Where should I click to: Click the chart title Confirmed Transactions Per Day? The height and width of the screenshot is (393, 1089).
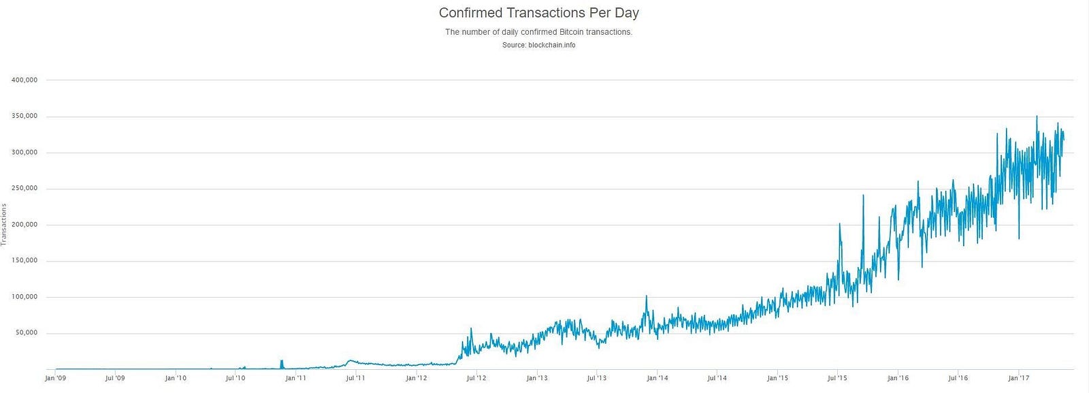[x=538, y=13]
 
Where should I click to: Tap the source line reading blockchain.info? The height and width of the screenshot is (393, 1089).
[x=538, y=45]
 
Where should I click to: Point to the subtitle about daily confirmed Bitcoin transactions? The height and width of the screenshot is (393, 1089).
[x=538, y=32]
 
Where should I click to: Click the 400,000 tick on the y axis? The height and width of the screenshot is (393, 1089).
[x=25, y=80]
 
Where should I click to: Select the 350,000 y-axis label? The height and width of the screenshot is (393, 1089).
[x=25, y=116]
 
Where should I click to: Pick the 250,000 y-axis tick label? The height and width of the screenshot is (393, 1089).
[x=25, y=189]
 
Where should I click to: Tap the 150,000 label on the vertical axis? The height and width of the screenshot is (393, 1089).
[x=25, y=261]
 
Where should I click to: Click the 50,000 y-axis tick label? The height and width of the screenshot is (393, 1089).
[x=26, y=333]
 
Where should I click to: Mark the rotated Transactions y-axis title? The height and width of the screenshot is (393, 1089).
[x=4, y=224]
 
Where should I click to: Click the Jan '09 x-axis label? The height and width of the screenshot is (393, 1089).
[x=55, y=378]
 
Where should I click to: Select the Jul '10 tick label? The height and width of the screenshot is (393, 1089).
[x=235, y=378]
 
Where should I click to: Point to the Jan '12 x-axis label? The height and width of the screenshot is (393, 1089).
[x=417, y=378]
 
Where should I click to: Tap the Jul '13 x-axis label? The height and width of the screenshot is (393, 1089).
[x=596, y=378]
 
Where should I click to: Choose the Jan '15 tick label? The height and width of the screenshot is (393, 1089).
[x=777, y=378]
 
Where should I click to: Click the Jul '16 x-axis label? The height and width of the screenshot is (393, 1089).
[x=958, y=378]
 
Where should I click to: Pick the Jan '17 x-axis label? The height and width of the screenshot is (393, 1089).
[x=1018, y=378]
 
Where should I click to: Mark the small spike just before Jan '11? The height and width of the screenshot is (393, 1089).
[x=281, y=363]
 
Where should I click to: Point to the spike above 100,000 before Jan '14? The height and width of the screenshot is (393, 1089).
[x=646, y=298]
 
